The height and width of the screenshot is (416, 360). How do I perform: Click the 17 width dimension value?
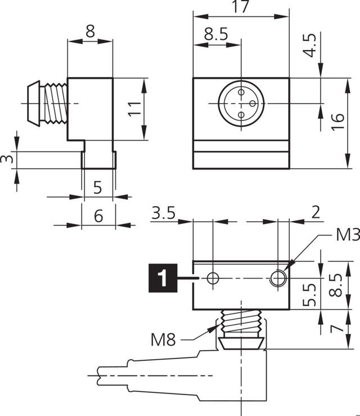click(241, 7)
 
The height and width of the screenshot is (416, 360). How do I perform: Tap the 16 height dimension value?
click(337, 122)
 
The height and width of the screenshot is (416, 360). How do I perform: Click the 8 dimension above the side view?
click(90, 32)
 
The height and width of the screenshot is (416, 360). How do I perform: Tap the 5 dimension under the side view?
click(98, 187)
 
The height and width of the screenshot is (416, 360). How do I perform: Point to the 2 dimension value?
click(315, 212)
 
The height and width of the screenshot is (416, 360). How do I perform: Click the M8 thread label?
click(164, 339)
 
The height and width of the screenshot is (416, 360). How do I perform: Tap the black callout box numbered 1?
click(162, 278)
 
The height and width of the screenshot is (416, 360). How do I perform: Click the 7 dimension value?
click(336, 328)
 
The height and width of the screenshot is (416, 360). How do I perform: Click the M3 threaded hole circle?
click(278, 278)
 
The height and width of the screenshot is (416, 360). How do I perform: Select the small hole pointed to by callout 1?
click(212, 278)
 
